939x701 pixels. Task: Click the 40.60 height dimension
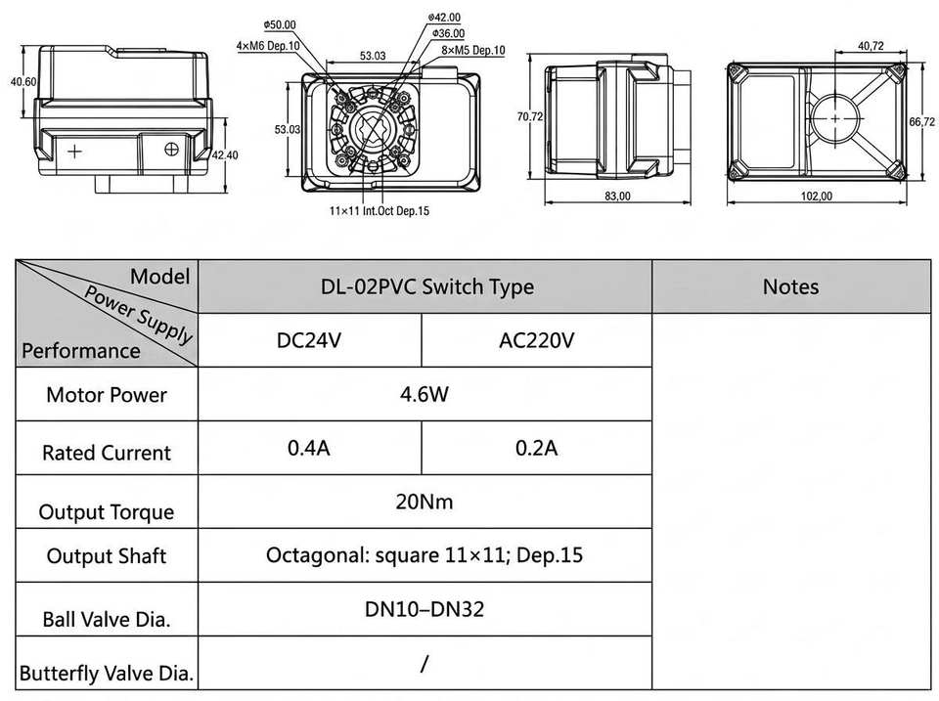(x=23, y=82)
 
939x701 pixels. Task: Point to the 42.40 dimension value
(x=225, y=155)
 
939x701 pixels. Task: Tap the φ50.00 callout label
(x=280, y=25)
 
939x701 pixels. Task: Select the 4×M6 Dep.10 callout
(x=268, y=46)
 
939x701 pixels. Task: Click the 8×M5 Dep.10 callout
(x=473, y=50)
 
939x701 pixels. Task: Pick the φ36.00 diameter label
(x=448, y=33)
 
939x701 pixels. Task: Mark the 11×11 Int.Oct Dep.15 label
(x=380, y=211)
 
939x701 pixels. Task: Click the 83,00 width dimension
(x=617, y=197)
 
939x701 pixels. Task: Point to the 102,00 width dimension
(x=817, y=197)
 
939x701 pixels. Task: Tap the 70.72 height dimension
(x=530, y=116)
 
